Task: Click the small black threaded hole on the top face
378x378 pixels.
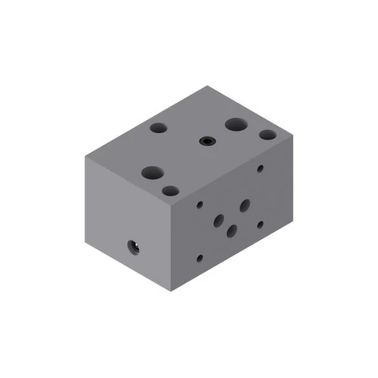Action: coord(206,141)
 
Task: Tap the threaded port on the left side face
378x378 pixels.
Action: coord(134,246)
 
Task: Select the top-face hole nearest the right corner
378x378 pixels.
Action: coord(268,135)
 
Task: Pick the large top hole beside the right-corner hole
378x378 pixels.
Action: coord(235,124)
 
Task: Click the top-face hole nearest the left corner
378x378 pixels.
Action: coord(159,129)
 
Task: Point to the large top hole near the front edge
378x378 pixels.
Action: coord(152,173)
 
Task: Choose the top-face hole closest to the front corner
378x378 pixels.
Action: coord(170,191)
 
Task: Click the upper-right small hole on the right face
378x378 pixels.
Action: coord(260,169)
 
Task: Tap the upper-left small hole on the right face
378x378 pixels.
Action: coord(200,204)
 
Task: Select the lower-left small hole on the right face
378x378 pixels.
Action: coord(200,258)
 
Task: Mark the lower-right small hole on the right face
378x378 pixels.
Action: coord(259,224)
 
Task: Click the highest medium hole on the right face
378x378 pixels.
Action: coord(245,205)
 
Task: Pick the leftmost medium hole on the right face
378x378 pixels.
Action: coord(219,221)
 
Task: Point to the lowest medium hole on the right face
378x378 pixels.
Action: coord(232,231)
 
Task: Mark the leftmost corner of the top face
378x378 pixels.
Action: coord(84,157)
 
